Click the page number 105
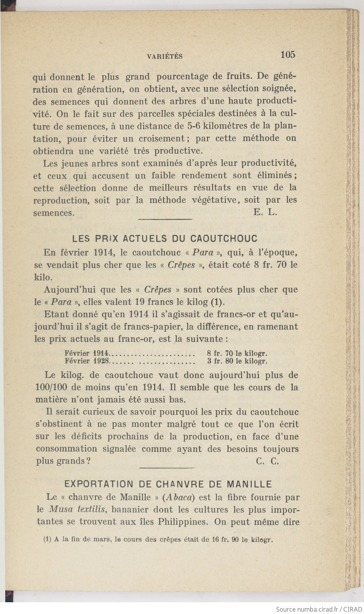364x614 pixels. tap(288, 54)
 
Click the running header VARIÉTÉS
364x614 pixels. tap(165, 56)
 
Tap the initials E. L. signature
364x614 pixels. tap(266, 213)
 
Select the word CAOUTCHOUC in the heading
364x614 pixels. tap(224, 238)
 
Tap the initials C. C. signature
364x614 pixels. tap(268, 461)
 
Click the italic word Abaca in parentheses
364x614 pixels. tap(179, 497)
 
